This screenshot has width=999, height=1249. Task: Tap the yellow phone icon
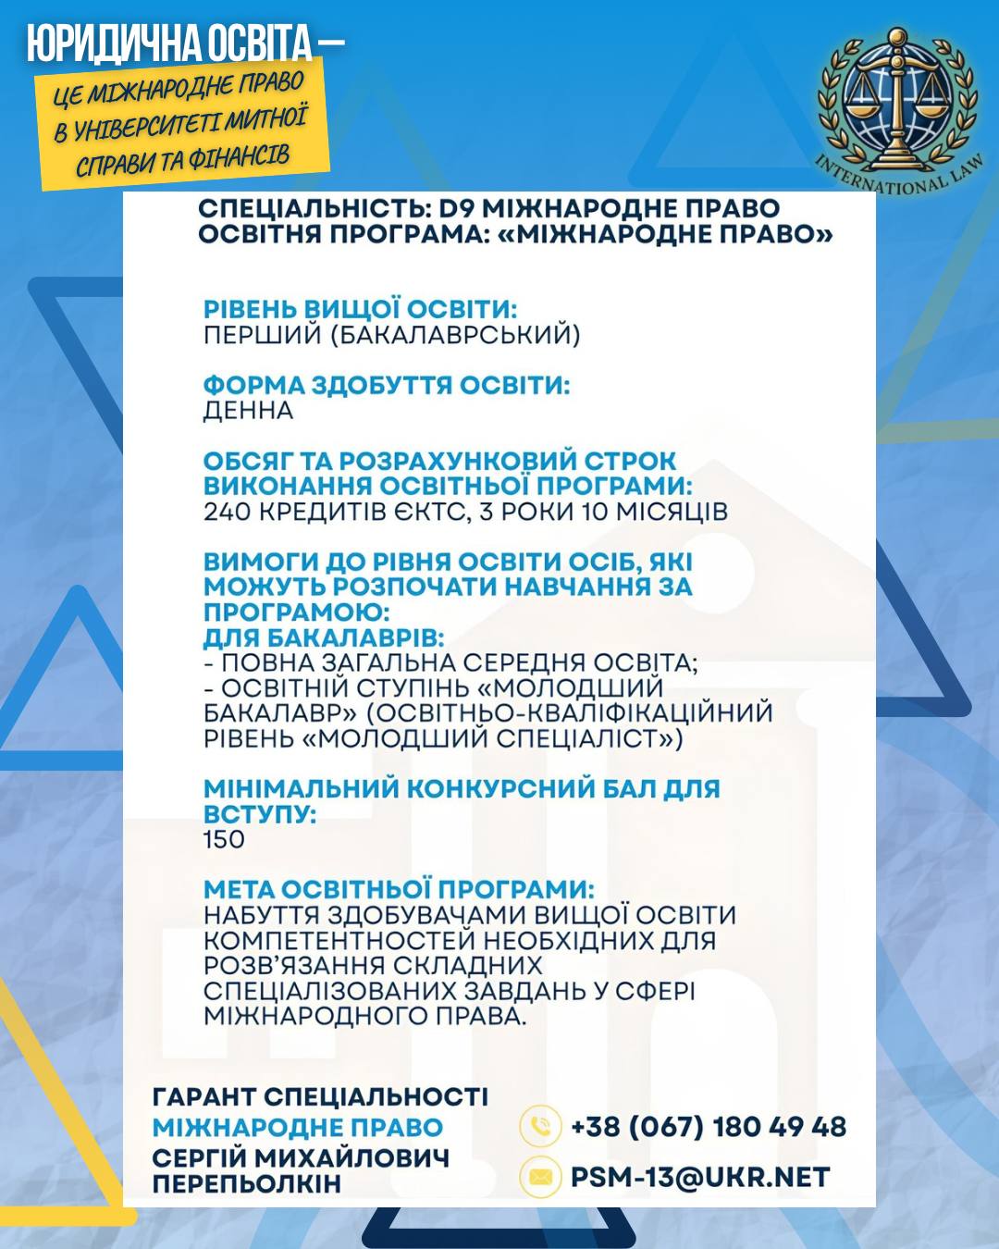[540, 1127]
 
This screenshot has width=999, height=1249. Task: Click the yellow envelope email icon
[540, 1177]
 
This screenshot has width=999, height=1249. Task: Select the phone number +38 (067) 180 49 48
[709, 1127]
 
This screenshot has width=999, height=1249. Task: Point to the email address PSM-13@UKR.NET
[700, 1177]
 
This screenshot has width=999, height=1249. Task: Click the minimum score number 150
[224, 840]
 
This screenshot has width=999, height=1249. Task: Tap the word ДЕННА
[248, 411]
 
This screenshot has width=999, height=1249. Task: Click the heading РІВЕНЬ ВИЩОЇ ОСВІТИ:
[360, 309]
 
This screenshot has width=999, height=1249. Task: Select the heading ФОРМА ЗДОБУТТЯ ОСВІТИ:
[387, 385]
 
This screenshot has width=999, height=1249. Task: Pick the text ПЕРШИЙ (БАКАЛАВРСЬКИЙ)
[391, 335]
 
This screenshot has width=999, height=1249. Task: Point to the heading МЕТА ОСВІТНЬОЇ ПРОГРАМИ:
[399, 889]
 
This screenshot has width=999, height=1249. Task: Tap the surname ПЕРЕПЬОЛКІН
[247, 1183]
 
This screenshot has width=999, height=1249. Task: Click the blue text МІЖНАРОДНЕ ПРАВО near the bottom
[298, 1128]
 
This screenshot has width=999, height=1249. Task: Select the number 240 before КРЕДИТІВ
[227, 512]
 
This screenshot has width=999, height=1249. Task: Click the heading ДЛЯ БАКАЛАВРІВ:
[324, 637]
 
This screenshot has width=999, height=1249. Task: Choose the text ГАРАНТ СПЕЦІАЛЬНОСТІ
[320, 1097]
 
